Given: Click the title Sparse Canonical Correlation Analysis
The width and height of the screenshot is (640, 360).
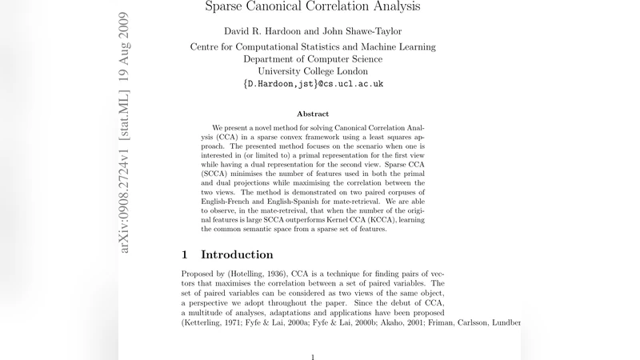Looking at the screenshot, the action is [x=313, y=8].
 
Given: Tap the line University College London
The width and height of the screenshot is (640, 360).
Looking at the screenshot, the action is [x=313, y=70].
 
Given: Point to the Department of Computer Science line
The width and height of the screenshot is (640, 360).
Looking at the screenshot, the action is [x=313, y=58].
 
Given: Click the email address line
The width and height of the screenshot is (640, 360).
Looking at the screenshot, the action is [x=313, y=83].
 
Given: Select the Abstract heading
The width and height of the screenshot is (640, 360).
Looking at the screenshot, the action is [x=313, y=114].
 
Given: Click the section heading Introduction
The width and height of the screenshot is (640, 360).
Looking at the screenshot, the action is [x=237, y=255].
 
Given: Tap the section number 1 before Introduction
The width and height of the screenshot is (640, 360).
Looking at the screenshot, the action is [x=186, y=255].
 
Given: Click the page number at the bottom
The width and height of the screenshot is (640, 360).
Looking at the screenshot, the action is [x=313, y=357].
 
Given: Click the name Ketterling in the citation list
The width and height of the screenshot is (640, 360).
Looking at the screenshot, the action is [x=208, y=322].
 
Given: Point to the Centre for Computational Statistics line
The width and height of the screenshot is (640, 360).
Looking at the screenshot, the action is [x=313, y=46].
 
